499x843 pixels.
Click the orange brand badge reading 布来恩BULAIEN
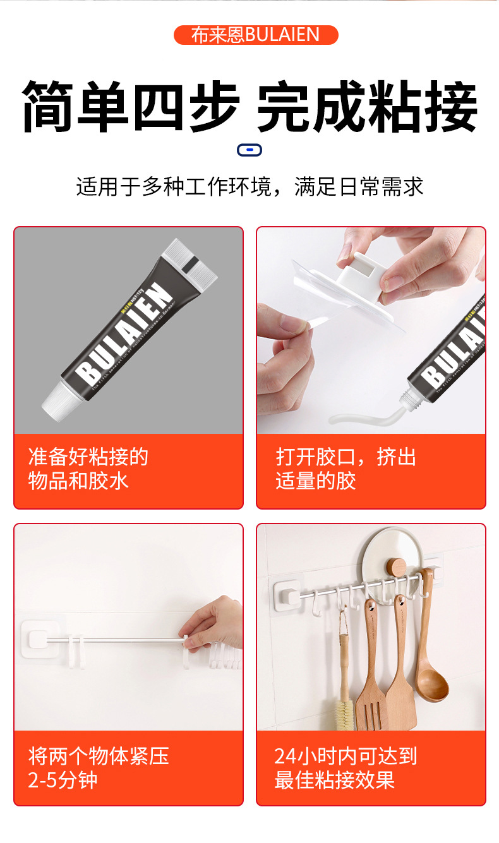[x=256, y=35]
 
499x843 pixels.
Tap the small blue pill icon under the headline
[x=249, y=150]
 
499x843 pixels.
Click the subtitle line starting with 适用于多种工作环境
[x=249, y=187]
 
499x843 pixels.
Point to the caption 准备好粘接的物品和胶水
[x=88, y=469]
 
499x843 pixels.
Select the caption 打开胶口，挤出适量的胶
[x=346, y=469]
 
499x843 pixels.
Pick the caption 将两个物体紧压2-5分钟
[x=99, y=768]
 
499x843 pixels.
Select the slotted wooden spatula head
[x=373, y=706]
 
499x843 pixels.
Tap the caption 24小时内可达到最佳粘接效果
[x=346, y=768]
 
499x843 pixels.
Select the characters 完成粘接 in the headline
[x=367, y=106]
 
